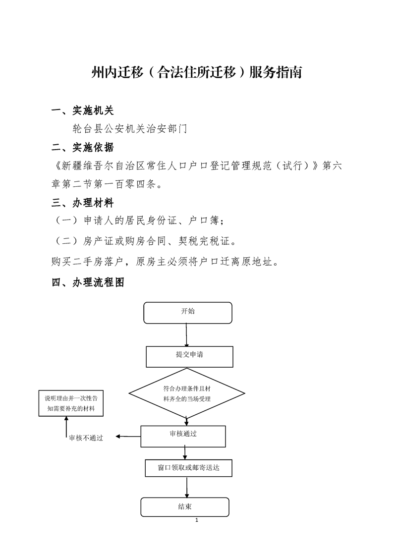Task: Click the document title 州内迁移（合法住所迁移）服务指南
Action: [x=196, y=72]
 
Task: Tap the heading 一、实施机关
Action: [x=83, y=111]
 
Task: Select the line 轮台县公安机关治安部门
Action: [x=130, y=129]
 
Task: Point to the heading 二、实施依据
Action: [x=83, y=148]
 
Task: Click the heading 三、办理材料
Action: [x=83, y=203]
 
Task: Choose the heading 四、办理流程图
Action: [x=88, y=282]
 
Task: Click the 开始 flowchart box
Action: [x=188, y=313]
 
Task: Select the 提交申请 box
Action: [x=189, y=357]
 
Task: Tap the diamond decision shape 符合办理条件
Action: [x=186, y=393]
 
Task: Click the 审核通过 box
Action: [x=183, y=436]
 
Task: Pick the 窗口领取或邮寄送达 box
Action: [x=188, y=468]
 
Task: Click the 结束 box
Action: [x=185, y=507]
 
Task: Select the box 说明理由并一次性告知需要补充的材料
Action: [x=71, y=403]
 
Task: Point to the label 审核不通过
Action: [x=86, y=438]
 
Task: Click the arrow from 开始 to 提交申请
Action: [x=186, y=335]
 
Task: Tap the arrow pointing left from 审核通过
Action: [x=128, y=437]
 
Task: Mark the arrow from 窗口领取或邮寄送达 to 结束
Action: [x=187, y=487]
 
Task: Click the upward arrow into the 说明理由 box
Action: [x=66, y=427]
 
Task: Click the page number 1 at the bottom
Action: [x=197, y=520]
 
